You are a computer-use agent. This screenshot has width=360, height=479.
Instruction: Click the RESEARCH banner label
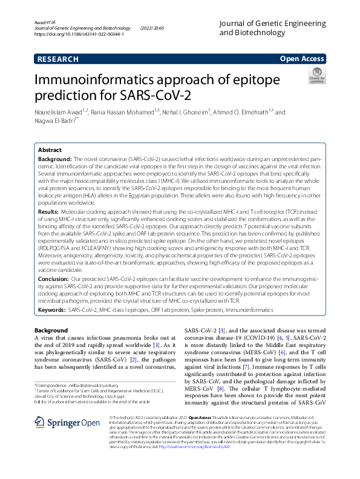pos(57,59)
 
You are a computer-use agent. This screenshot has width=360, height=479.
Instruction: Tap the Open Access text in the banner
pos(302,59)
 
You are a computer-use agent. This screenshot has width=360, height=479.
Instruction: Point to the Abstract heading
pos(50,150)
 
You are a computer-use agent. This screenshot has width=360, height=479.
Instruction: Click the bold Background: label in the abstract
pos(55,158)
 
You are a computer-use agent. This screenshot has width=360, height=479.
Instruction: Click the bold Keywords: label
pos(52,309)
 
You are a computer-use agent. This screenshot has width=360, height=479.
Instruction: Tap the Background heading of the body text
pos(51,330)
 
